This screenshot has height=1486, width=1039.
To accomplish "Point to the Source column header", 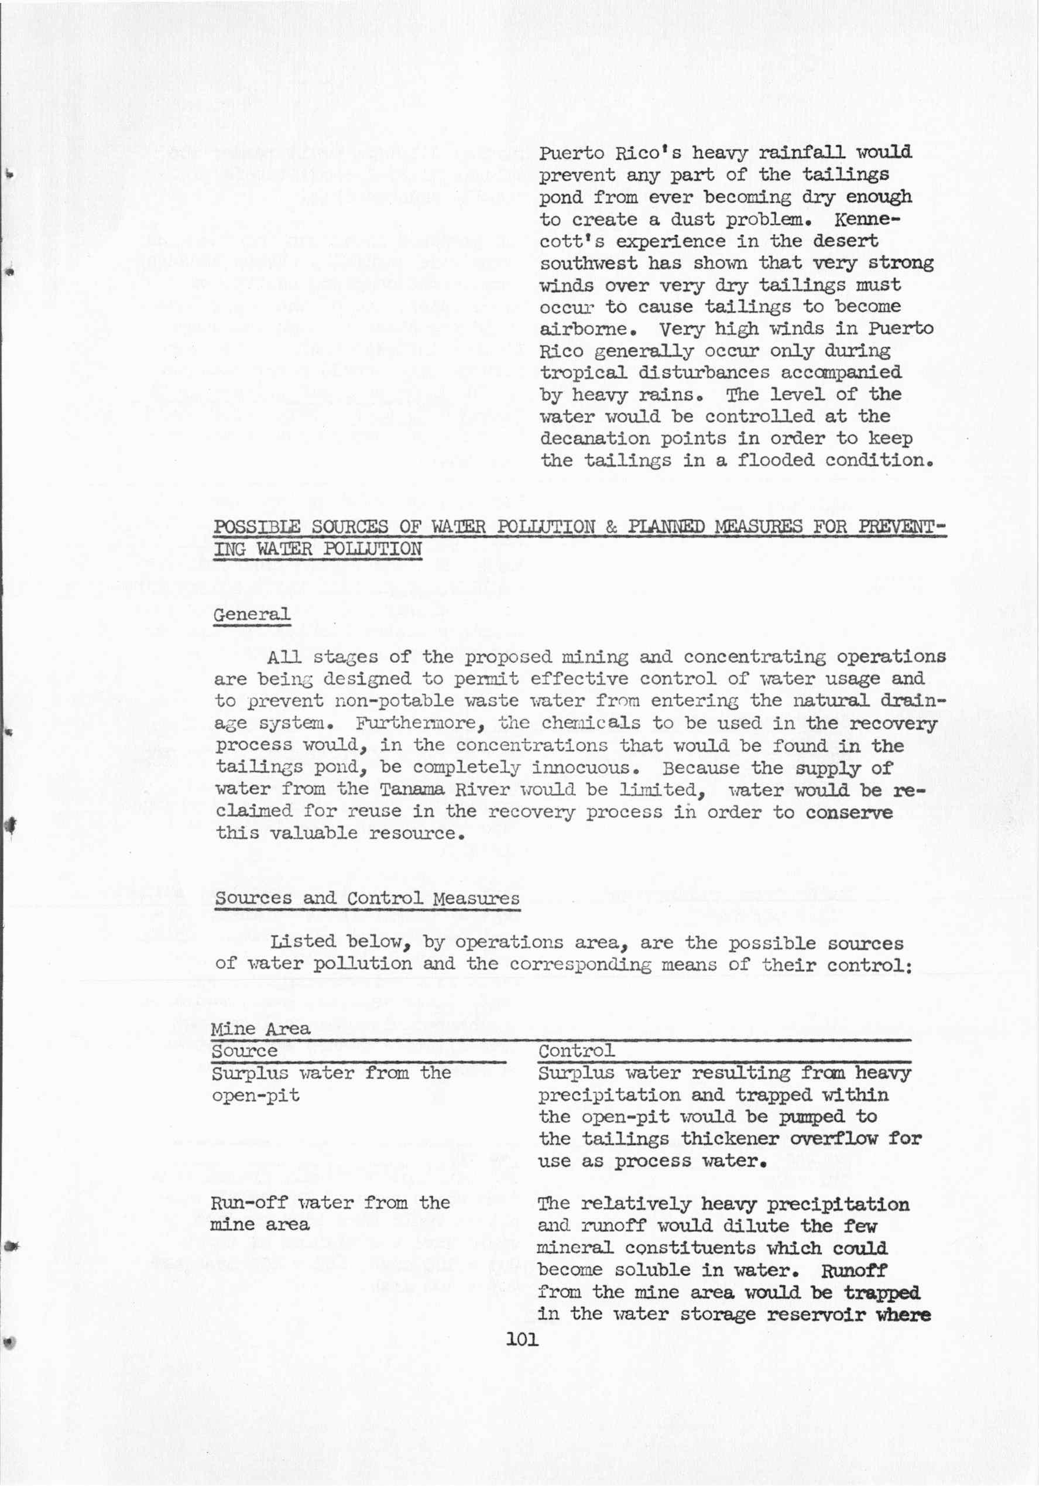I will point(244,1050).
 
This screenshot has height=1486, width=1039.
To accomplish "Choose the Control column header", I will point(576,1050).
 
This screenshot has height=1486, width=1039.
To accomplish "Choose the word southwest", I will point(589,263).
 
